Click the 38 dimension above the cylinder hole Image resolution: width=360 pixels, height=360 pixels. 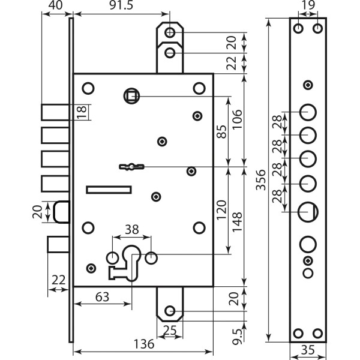click(x=132, y=229)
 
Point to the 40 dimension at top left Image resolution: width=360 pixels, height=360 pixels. click(x=55, y=5)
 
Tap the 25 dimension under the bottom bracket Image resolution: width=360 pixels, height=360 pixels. click(x=170, y=329)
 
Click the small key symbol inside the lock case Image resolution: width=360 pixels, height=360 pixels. click(x=132, y=166)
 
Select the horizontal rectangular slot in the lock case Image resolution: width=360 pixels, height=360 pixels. click(x=109, y=190)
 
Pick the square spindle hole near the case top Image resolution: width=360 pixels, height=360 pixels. click(x=131, y=95)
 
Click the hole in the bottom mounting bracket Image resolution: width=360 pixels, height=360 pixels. click(x=170, y=311)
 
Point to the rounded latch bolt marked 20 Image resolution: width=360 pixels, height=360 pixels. click(x=61, y=212)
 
